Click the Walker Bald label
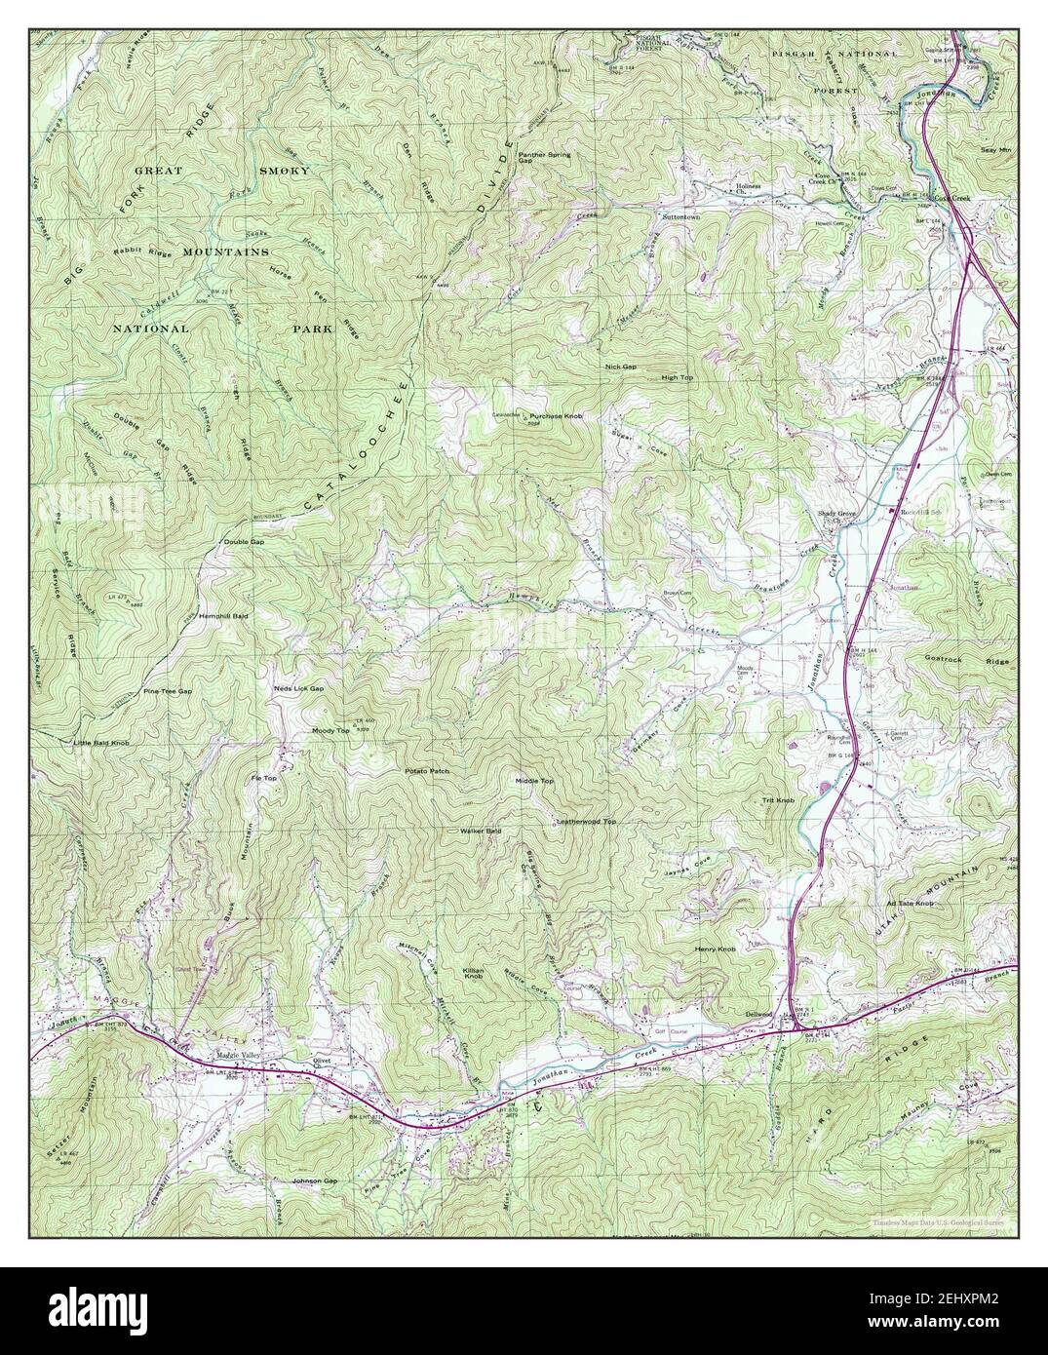[481, 831]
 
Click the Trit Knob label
[778, 800]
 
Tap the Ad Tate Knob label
[910, 904]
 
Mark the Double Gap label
[244, 541]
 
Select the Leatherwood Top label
[586, 822]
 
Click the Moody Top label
[330, 730]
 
